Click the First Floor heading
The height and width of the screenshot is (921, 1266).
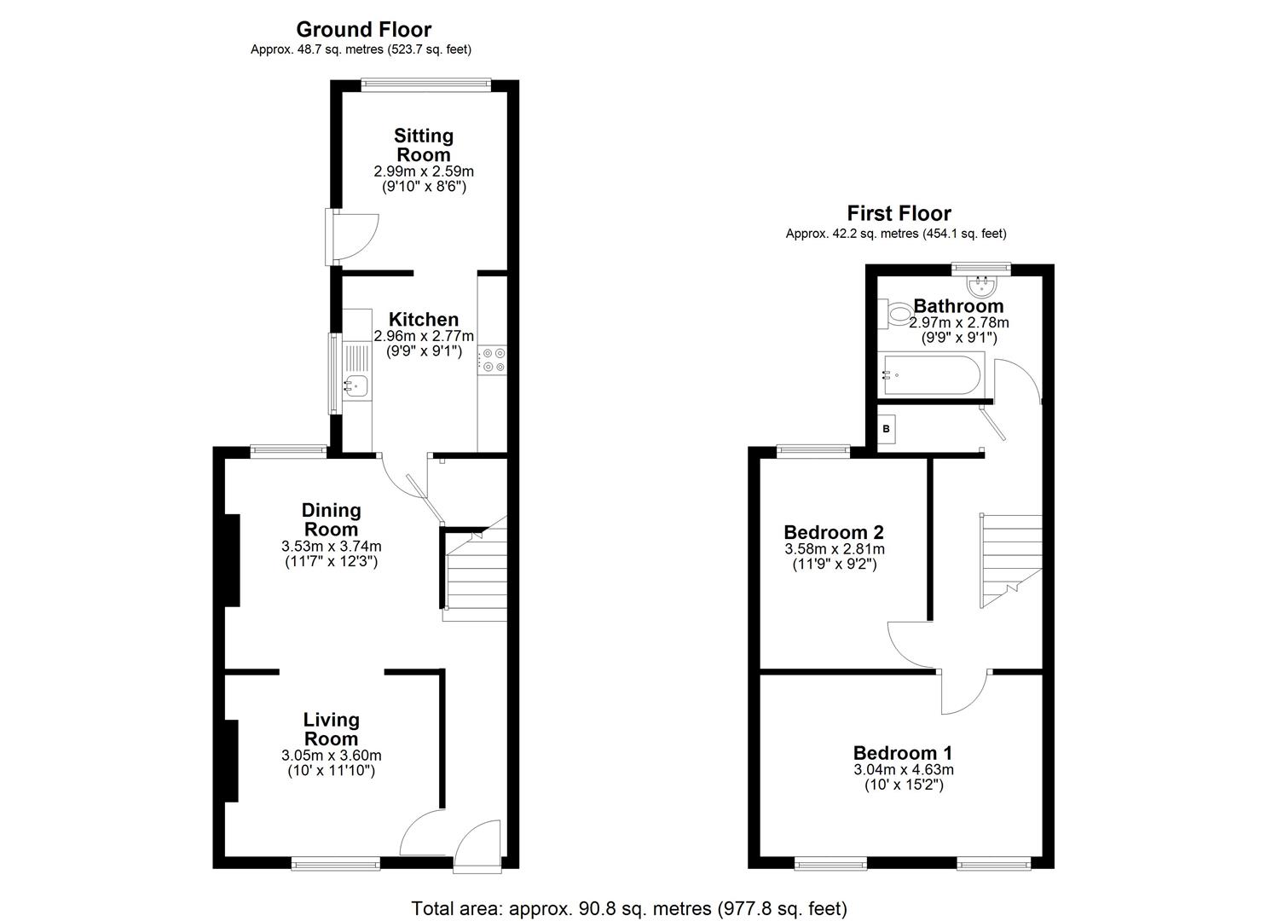click(899, 213)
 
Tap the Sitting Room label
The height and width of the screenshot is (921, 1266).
click(424, 145)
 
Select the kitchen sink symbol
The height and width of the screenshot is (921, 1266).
click(356, 385)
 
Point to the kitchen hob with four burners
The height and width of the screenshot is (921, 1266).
click(492, 360)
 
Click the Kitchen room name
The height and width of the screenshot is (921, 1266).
click(424, 320)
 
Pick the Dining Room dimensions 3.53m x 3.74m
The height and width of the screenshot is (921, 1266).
click(332, 546)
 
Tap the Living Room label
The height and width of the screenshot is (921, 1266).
click(332, 729)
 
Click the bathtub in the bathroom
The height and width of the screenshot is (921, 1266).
click(934, 374)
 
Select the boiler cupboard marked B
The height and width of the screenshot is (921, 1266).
click(887, 429)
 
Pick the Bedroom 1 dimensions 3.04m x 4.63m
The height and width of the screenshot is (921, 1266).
click(903, 769)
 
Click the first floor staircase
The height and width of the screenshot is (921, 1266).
click(1011, 559)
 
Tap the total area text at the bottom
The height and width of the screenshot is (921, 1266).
click(629, 908)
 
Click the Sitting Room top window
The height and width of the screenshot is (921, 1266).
click(425, 84)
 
